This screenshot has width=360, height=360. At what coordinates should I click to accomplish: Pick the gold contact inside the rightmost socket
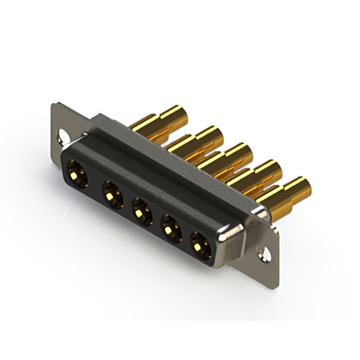(x=200, y=245)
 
